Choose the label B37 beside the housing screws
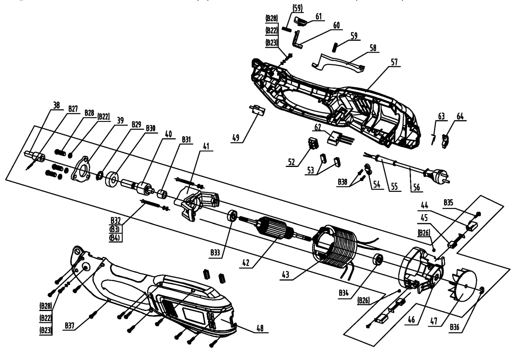tap(69, 326)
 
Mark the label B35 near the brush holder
tap(449, 202)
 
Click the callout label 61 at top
tap(319, 16)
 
